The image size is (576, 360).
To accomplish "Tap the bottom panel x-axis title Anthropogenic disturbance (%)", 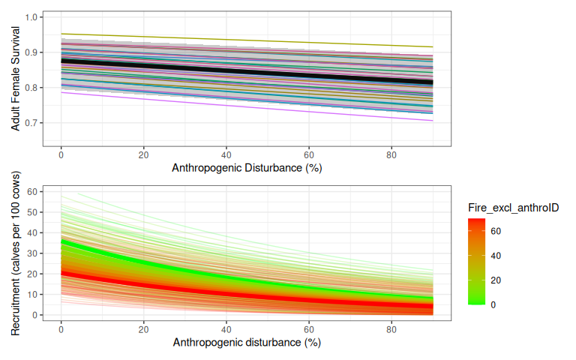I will [x=247, y=343].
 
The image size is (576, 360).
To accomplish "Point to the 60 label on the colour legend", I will [x=496, y=231].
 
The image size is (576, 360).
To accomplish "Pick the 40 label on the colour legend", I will [x=496, y=256].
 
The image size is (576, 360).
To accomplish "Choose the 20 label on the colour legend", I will [x=496, y=280].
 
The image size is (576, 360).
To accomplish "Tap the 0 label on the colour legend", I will [x=493, y=304].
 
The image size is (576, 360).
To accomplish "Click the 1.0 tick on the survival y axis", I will [x=34, y=16].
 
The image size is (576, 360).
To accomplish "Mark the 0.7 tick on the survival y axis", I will [x=34, y=123].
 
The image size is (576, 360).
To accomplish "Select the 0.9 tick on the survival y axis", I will [x=34, y=52].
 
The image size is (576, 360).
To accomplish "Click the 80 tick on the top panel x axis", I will [x=391, y=154].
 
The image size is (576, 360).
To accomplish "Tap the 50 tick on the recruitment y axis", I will [x=32, y=212].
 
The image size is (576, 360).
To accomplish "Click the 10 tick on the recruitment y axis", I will [x=32, y=294].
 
